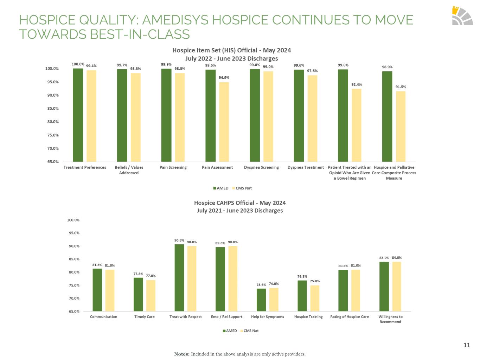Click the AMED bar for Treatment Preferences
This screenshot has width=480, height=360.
[78, 115]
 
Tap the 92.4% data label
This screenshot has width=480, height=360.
[357, 84]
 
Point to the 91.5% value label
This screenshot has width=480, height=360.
[401, 87]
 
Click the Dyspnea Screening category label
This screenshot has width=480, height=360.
[261, 167]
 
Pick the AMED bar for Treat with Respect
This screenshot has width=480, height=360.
[179, 278]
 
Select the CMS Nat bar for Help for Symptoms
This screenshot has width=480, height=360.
[274, 300]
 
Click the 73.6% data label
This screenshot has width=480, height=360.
[261, 285]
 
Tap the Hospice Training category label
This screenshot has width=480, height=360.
[308, 317]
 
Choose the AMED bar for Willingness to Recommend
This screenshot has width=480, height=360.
[384, 287]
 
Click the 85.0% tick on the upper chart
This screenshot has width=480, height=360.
[52, 109]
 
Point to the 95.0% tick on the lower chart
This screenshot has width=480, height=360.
[73, 233]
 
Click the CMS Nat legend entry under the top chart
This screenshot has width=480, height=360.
[243, 188]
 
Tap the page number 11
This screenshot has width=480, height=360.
[467, 345]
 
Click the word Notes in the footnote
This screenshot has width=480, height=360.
[181, 354]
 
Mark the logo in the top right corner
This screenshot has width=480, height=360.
[462, 16]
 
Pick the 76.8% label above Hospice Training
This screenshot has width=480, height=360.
[302, 277]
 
